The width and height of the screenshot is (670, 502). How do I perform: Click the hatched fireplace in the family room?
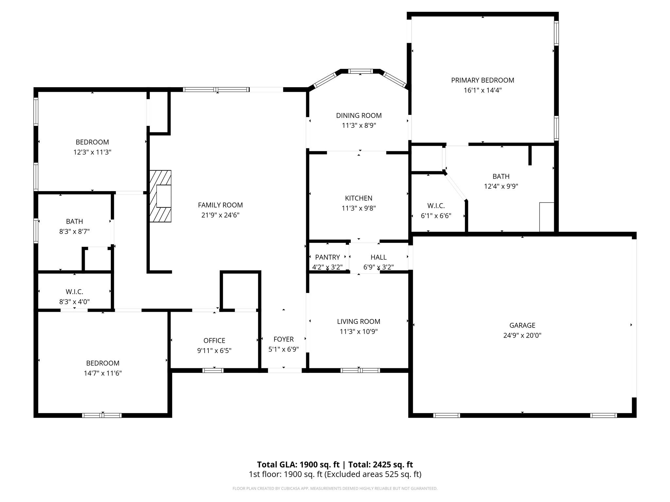click(160, 196)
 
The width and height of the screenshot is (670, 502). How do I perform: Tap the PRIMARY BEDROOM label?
click(483, 80)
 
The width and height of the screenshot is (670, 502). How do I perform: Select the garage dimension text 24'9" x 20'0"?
click(522, 335)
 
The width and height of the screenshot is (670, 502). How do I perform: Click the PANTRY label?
click(327, 257)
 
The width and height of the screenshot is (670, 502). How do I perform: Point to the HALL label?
click(379, 257)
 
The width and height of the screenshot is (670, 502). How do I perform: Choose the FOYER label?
click(284, 339)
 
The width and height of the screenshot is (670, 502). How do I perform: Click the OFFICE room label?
click(214, 341)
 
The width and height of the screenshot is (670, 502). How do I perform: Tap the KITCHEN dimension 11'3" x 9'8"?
click(359, 208)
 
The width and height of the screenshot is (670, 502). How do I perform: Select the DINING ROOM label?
click(359, 115)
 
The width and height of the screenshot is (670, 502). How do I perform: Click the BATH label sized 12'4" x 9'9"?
click(501, 176)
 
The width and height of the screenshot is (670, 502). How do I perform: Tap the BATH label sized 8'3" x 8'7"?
click(74, 222)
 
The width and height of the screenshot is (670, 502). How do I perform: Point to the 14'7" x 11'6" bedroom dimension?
click(103, 373)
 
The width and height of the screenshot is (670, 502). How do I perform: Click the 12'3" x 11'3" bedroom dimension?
click(92, 152)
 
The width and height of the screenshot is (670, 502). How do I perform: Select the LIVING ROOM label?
click(359, 322)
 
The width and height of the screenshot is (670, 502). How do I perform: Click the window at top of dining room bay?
click(360, 71)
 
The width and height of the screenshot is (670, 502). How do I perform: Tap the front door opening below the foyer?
click(285, 370)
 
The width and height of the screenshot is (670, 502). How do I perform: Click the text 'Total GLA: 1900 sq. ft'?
click(298, 464)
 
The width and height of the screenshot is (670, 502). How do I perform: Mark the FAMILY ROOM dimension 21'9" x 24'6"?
click(220, 215)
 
